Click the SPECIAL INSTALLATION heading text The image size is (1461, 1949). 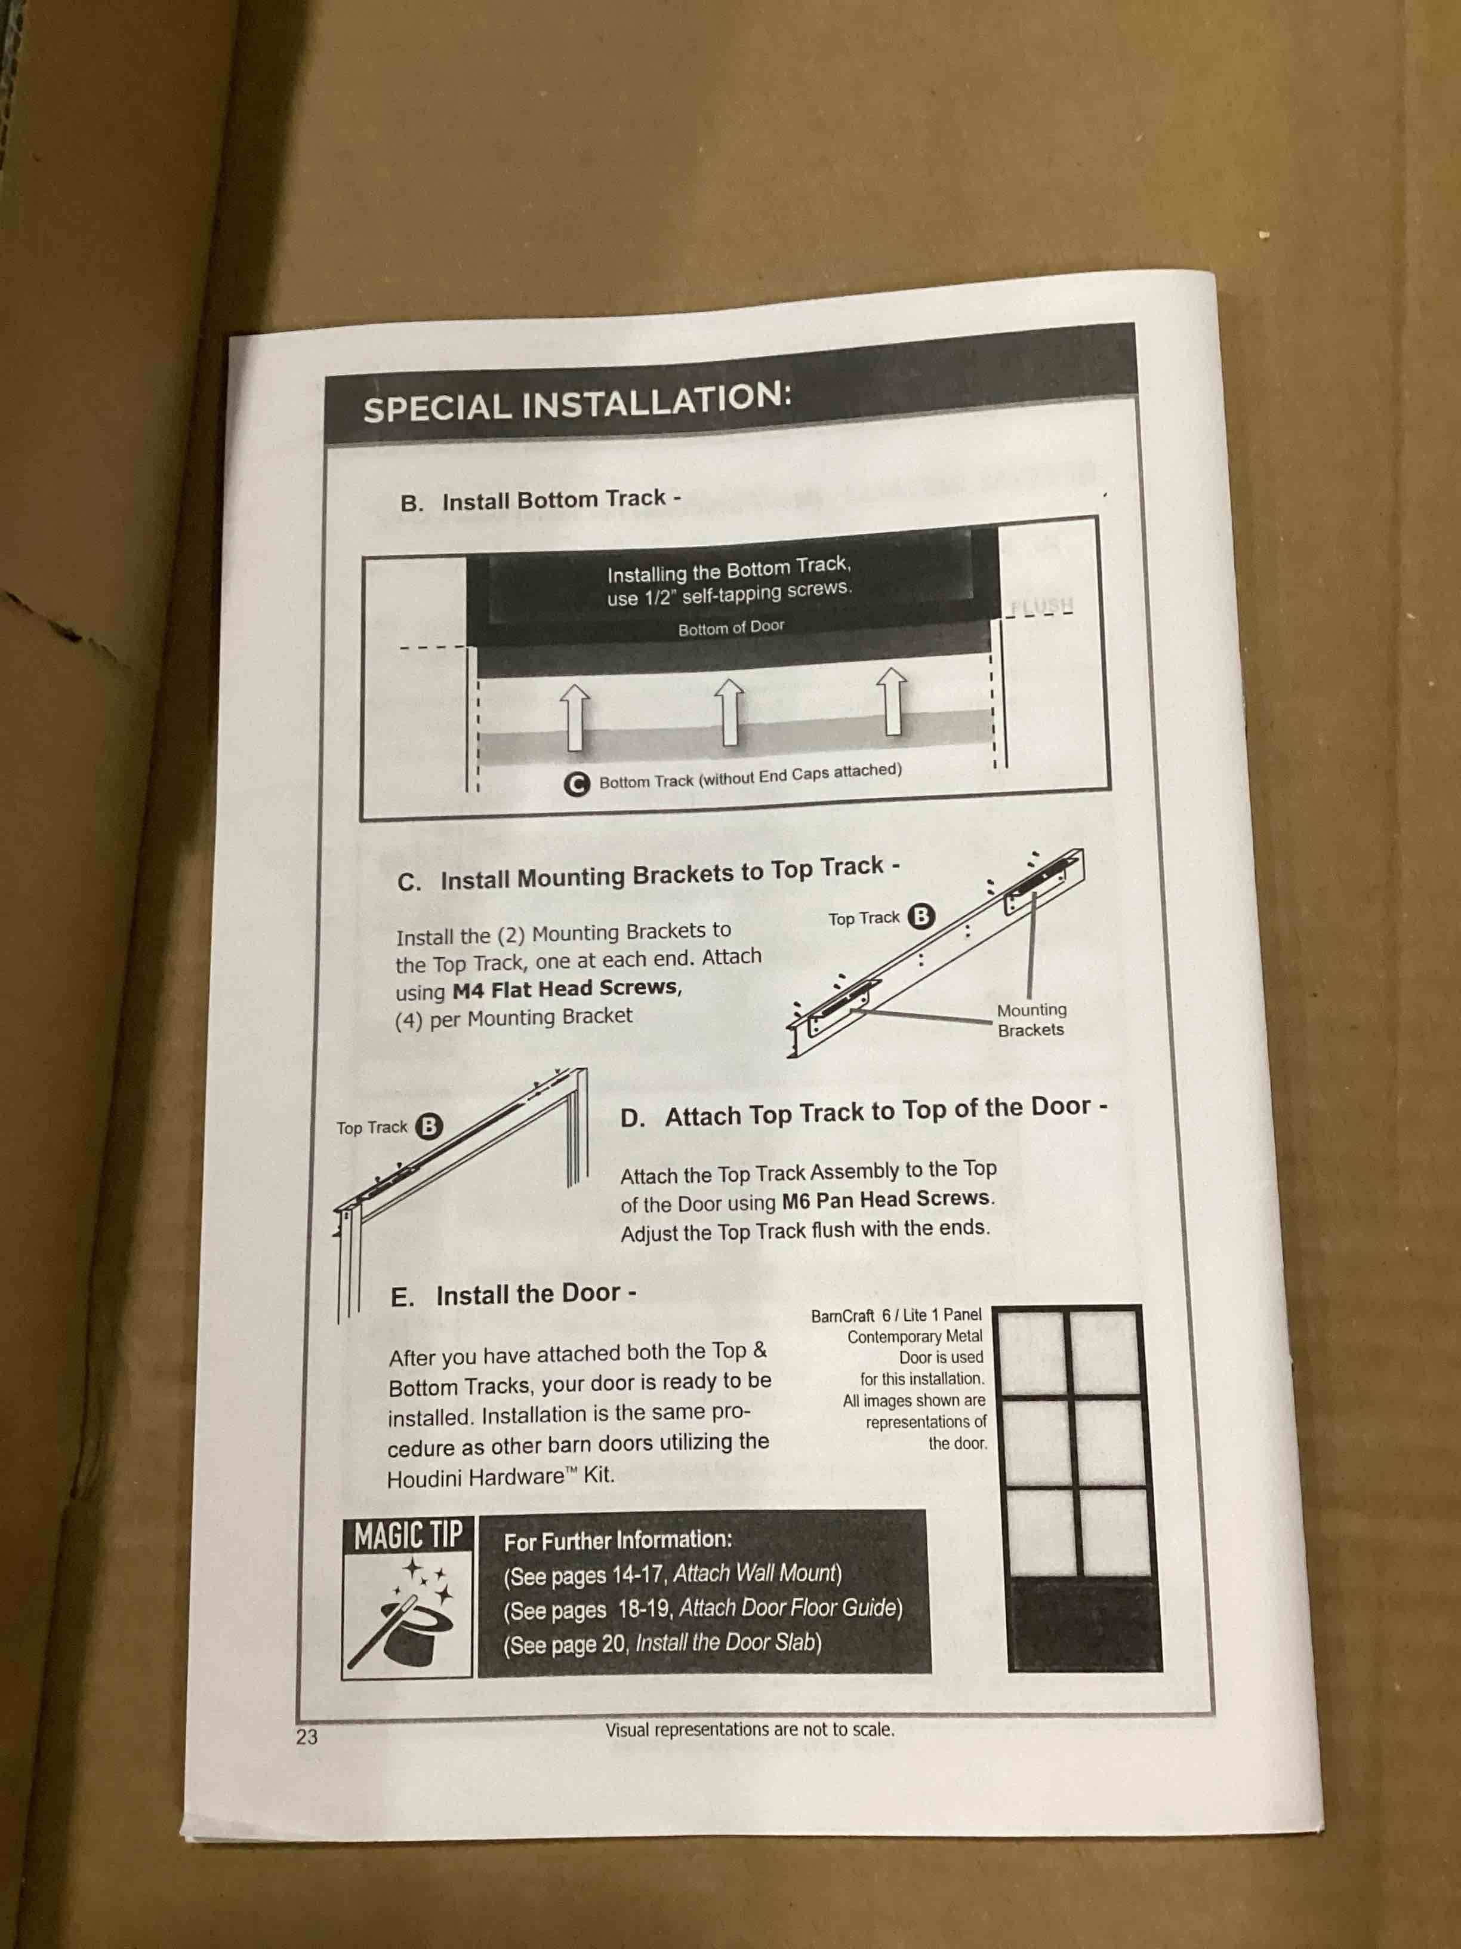click(x=577, y=402)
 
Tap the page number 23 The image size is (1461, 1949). click(x=307, y=1736)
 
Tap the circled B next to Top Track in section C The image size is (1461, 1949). click(x=920, y=917)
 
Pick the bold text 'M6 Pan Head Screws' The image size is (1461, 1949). click(x=885, y=1199)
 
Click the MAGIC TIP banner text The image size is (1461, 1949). click(x=408, y=1535)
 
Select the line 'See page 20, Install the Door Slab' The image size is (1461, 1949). click(x=662, y=1643)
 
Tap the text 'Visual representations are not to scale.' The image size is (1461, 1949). click(x=750, y=1730)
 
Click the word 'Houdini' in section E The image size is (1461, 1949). click(x=427, y=1478)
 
